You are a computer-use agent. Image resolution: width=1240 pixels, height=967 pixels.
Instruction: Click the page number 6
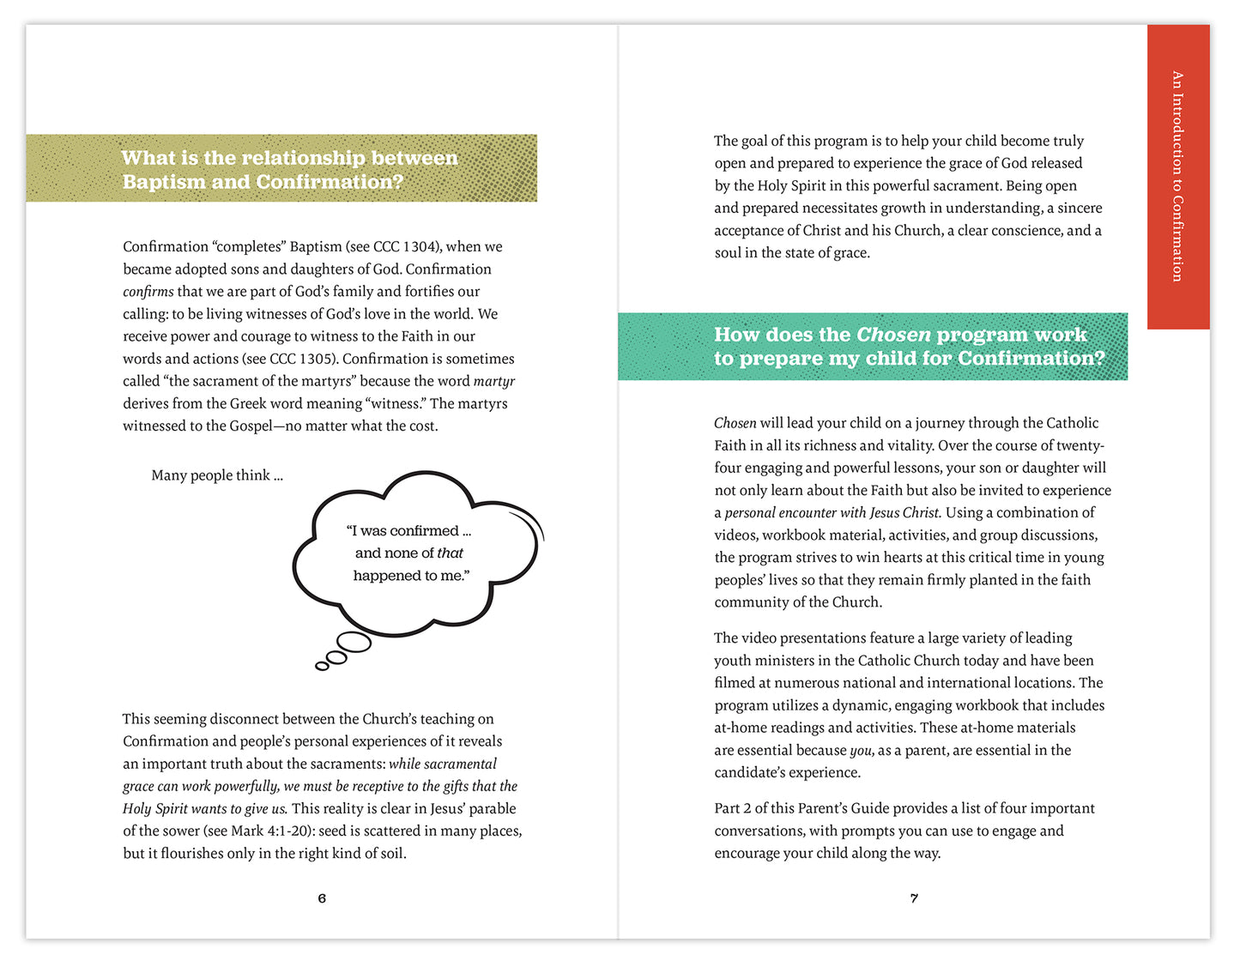(322, 898)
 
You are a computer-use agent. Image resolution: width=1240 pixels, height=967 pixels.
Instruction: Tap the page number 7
(914, 898)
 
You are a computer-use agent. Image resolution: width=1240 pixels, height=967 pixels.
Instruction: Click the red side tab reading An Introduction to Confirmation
(1177, 176)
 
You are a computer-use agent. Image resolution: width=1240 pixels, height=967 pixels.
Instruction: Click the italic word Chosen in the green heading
(893, 335)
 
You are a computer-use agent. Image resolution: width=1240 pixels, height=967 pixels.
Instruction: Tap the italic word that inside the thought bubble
(450, 553)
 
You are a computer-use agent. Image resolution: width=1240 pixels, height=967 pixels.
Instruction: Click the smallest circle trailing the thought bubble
(322, 666)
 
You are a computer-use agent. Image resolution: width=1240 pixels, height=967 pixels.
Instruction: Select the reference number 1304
(420, 247)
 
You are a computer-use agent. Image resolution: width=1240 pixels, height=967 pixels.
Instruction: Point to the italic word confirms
(148, 292)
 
